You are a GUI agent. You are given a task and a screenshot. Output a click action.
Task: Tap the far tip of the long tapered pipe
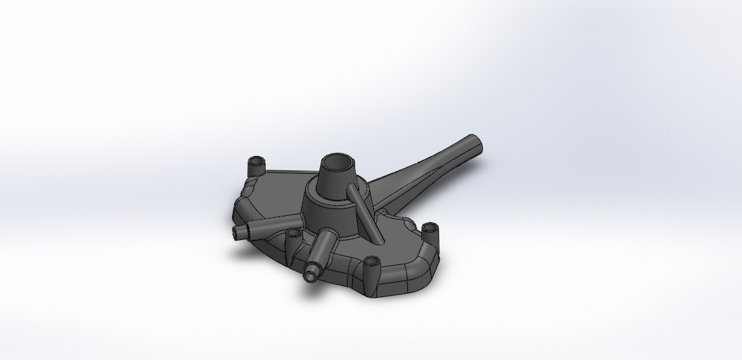(475, 141)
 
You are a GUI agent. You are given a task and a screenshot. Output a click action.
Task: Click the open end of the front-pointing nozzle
(311, 271)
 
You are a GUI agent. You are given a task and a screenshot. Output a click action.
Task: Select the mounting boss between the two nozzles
(293, 234)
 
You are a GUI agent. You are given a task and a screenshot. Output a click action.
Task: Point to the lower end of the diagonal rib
(375, 237)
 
